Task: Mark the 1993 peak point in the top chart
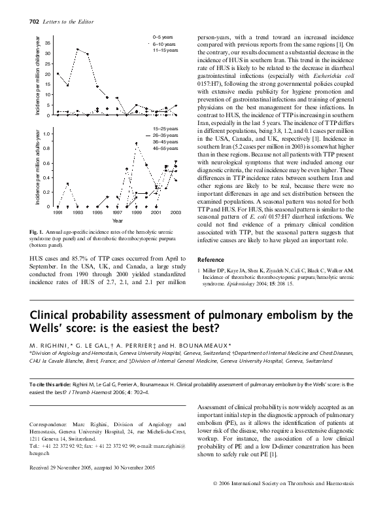77,49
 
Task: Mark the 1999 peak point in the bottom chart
137,143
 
